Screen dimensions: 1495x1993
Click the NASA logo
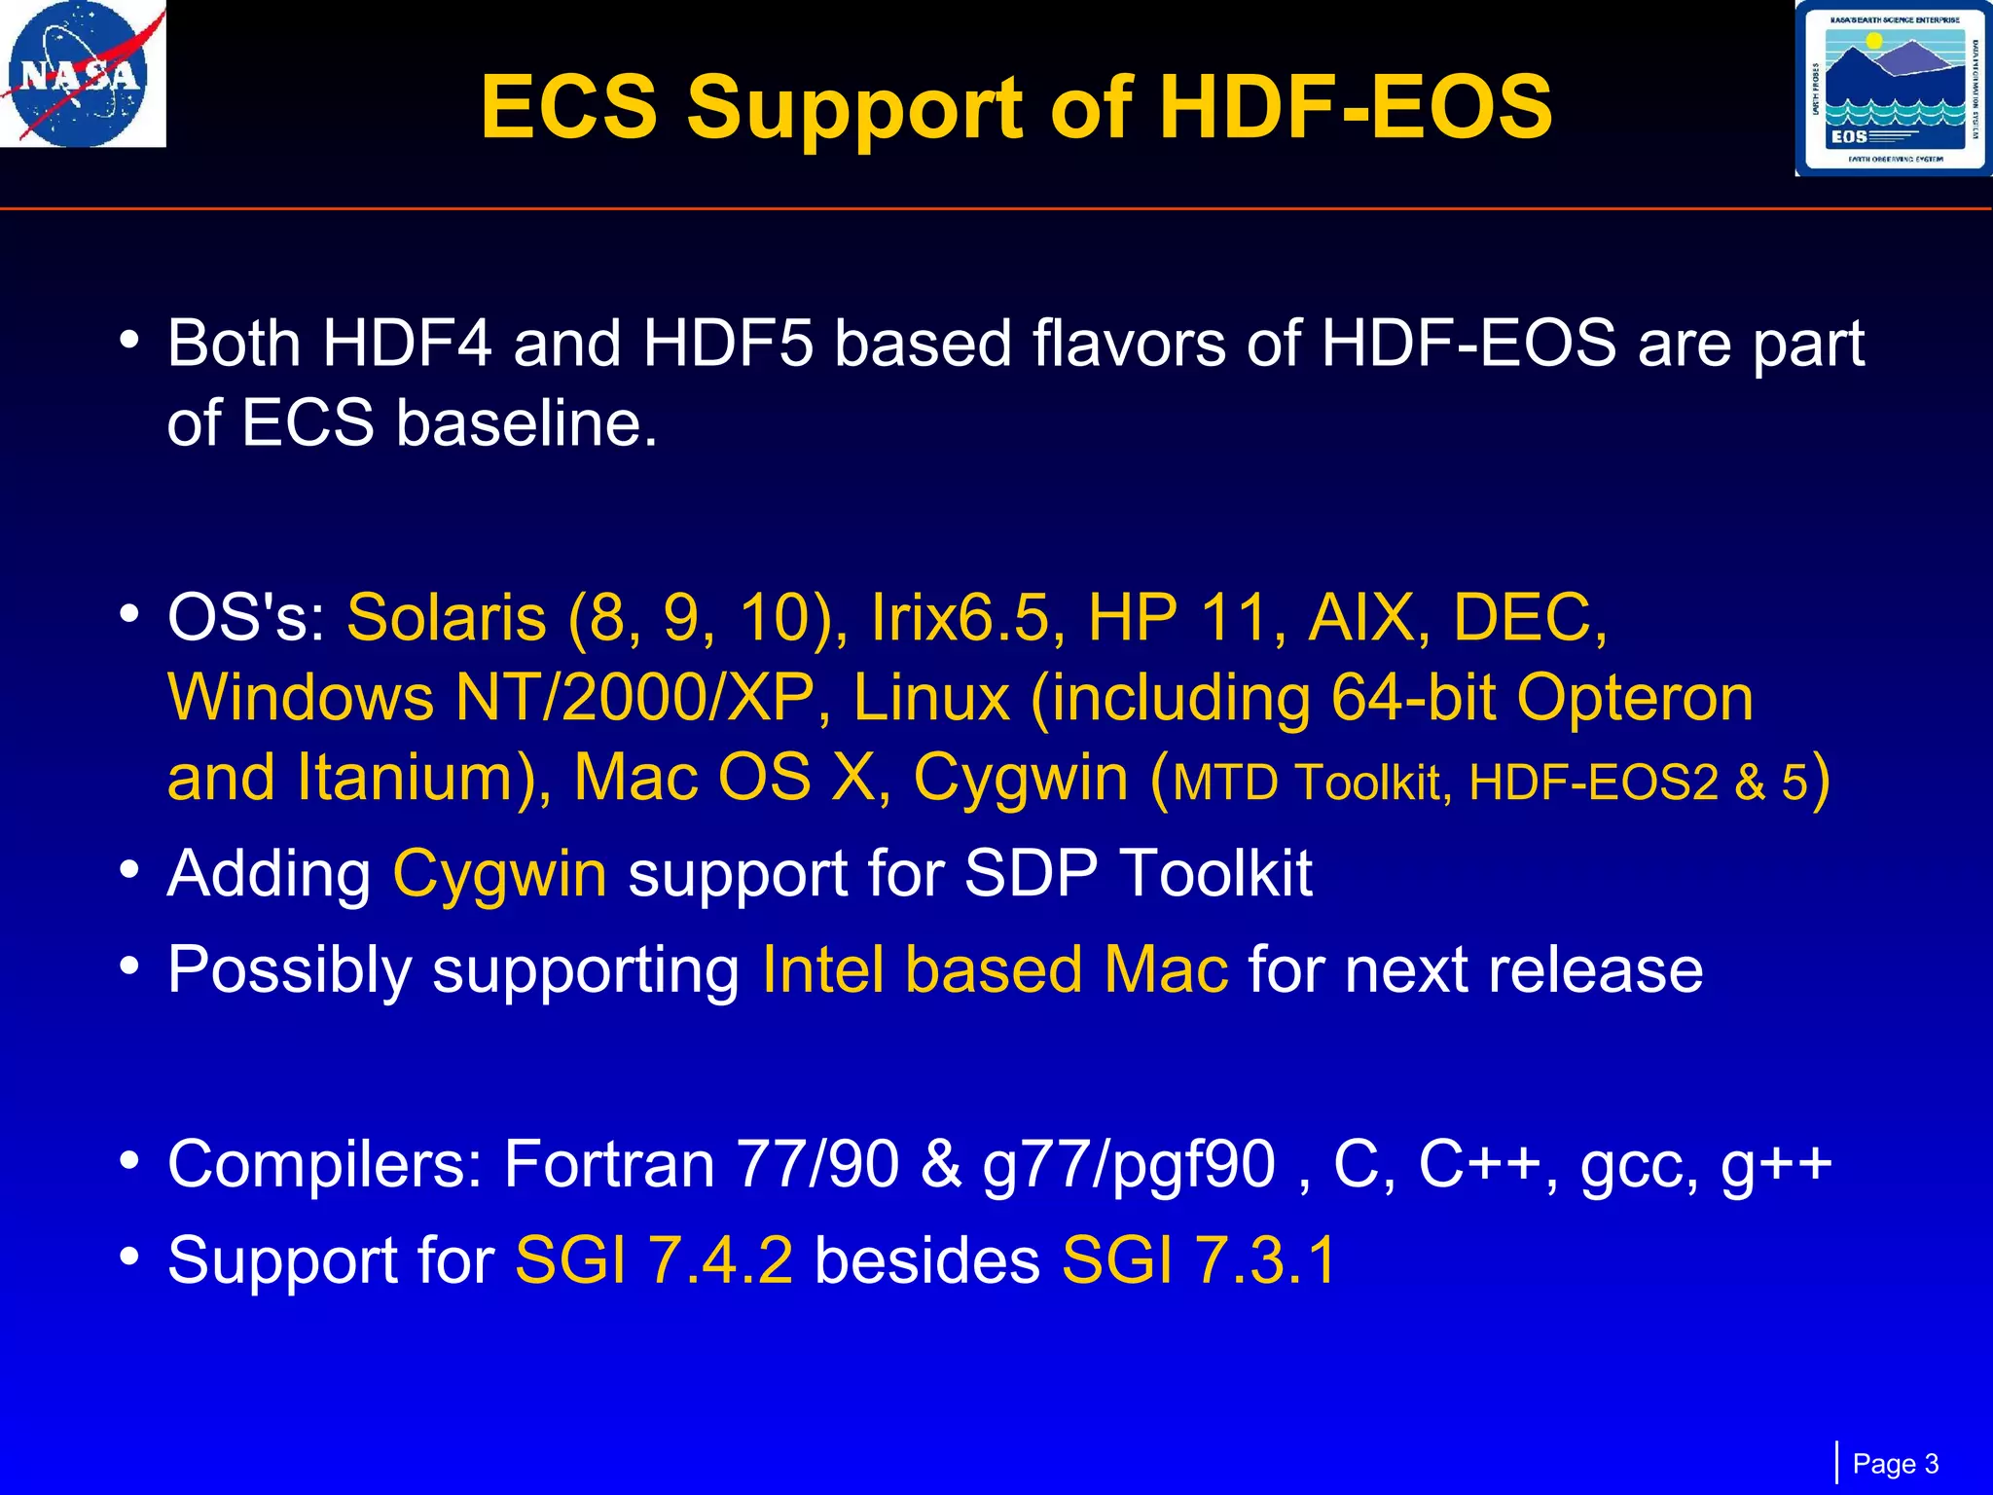[x=82, y=74]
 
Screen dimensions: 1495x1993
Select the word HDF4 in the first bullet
[x=407, y=344]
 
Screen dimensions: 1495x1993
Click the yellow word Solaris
[x=447, y=618]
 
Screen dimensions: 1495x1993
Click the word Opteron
[x=1635, y=698]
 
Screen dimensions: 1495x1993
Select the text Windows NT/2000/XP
[x=491, y=698]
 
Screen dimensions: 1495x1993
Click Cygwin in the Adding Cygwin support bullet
[x=499, y=873]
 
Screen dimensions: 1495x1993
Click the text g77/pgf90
[x=1129, y=1164]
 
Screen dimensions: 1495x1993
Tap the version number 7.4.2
[x=721, y=1260]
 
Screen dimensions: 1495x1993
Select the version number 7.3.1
[x=1266, y=1260]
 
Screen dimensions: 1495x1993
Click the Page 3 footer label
[x=1895, y=1464]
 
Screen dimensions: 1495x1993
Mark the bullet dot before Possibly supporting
[x=128, y=967]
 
